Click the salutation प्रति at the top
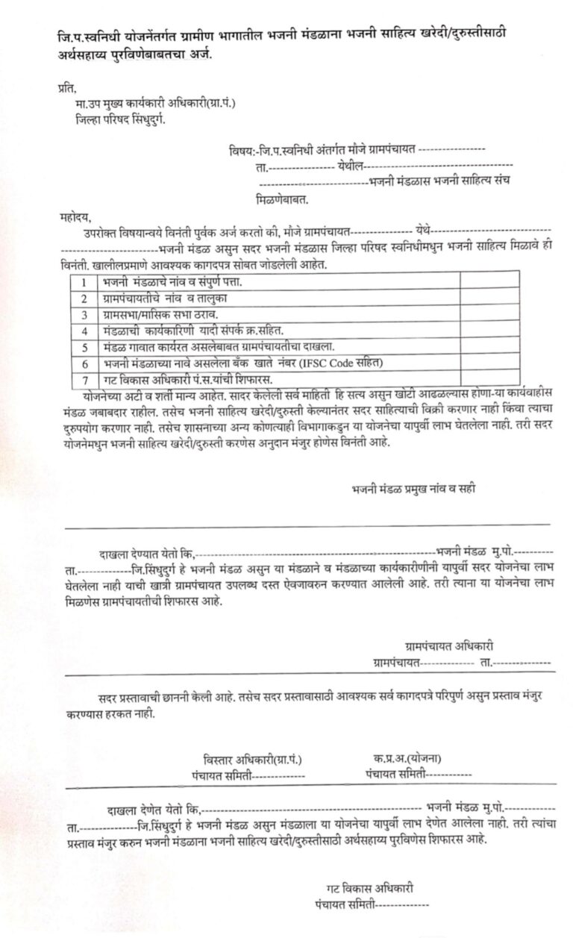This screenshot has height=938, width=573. [x=66, y=90]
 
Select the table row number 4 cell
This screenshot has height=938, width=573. [x=86, y=330]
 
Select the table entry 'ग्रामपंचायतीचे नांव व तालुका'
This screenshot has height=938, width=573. [x=164, y=298]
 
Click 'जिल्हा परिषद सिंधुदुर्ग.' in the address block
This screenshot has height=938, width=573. [x=120, y=119]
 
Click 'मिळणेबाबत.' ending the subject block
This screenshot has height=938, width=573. [x=282, y=200]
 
